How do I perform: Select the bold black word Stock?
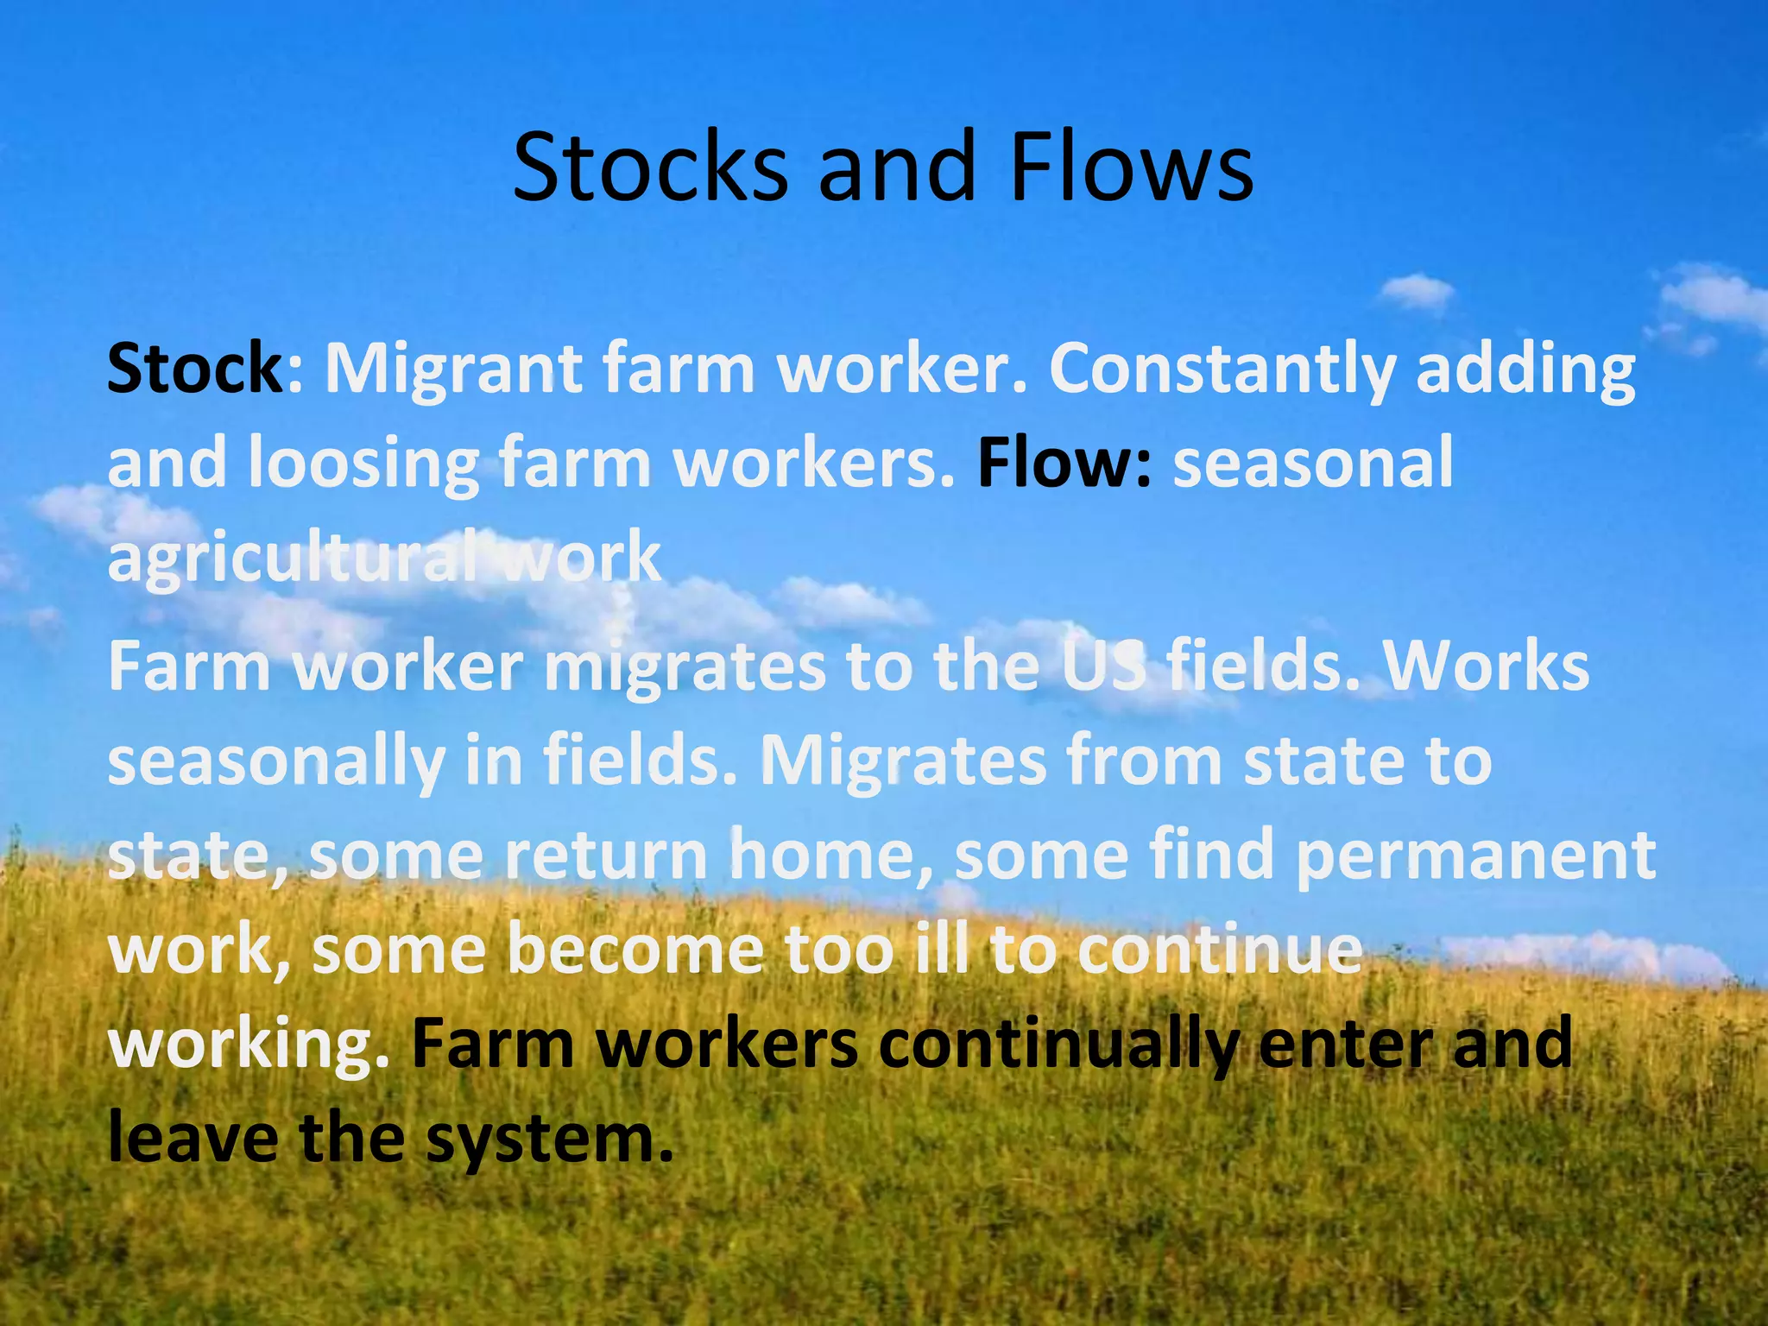(195, 369)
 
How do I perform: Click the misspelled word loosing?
(363, 464)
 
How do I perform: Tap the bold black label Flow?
(1064, 463)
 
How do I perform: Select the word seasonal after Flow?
(1313, 463)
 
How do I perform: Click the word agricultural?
(294, 559)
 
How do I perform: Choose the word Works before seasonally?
(1486, 666)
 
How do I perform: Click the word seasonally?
(276, 763)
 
